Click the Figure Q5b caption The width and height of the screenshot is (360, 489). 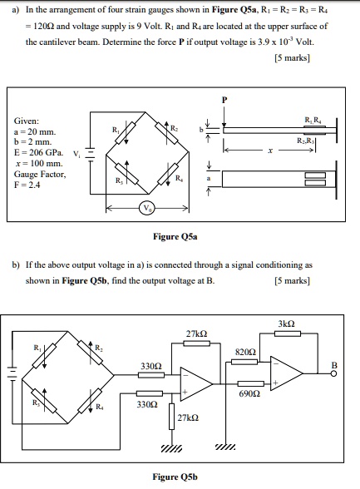tap(174, 477)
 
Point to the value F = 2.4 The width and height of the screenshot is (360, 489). tap(30, 187)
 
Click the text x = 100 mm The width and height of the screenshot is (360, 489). tap(35, 165)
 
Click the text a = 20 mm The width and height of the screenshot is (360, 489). tap(33, 131)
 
